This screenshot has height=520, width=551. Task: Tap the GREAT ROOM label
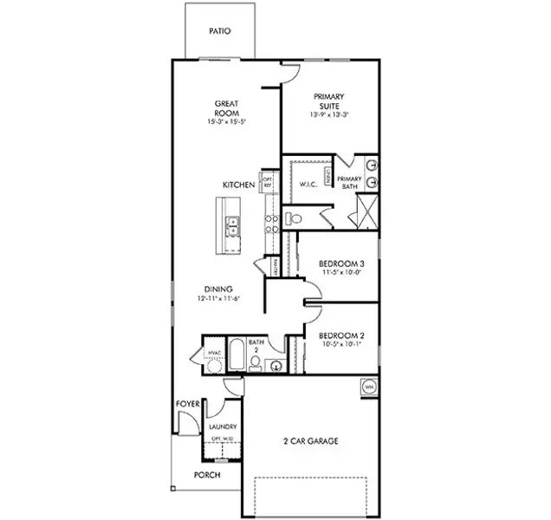pyautogui.click(x=226, y=108)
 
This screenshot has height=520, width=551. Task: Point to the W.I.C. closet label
pyautogui.click(x=308, y=184)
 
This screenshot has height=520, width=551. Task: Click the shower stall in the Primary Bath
pyautogui.click(x=367, y=210)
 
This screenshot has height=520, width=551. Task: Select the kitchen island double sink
pyautogui.click(x=233, y=227)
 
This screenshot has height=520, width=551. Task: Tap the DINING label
pyautogui.click(x=217, y=290)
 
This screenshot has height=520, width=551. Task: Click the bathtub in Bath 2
pyautogui.click(x=235, y=357)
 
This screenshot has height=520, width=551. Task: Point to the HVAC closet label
pyautogui.click(x=213, y=352)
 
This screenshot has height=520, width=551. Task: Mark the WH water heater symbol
pyautogui.click(x=368, y=387)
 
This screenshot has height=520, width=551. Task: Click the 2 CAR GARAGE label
pyautogui.click(x=311, y=441)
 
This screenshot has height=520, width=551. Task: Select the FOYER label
pyautogui.click(x=189, y=404)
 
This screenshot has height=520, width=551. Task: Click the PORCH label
pyautogui.click(x=206, y=475)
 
